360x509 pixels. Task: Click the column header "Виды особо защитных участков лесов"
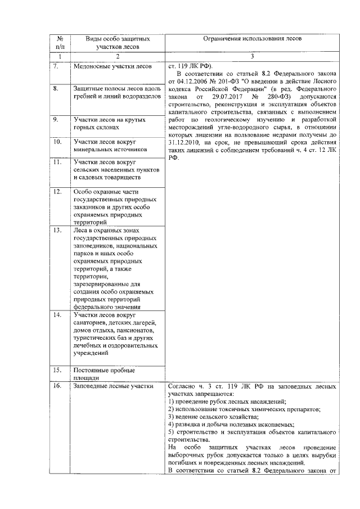click(118, 43)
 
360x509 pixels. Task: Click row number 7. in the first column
click(56, 66)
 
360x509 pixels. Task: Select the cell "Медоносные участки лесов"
click(112, 66)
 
